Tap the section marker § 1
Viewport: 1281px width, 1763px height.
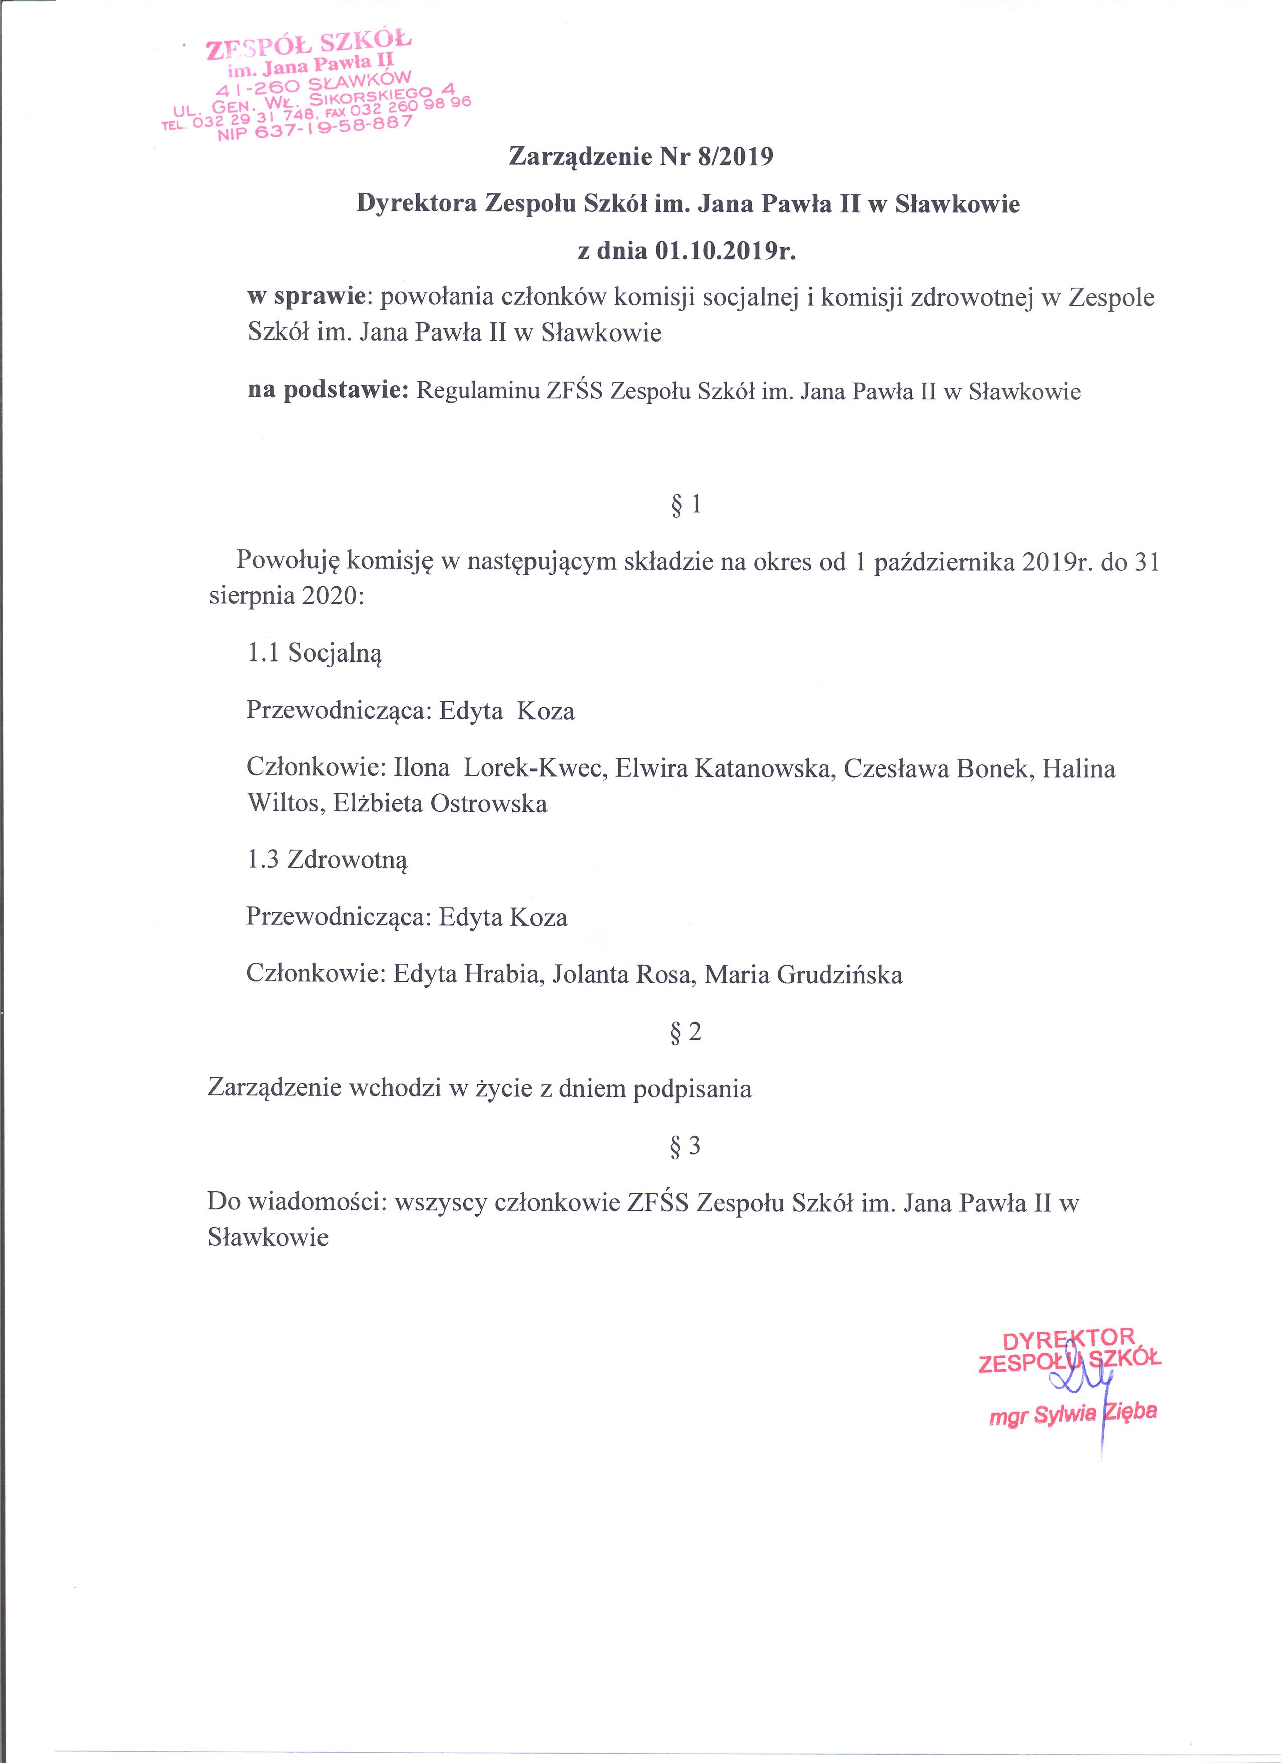point(686,505)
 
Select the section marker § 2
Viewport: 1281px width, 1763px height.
point(686,1032)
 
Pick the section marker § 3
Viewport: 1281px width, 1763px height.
point(686,1145)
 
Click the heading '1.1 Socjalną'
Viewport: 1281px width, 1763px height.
point(315,653)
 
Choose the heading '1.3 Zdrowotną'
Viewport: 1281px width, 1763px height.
point(327,860)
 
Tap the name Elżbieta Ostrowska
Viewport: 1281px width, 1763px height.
point(440,803)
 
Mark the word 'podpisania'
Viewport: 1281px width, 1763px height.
point(693,1088)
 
